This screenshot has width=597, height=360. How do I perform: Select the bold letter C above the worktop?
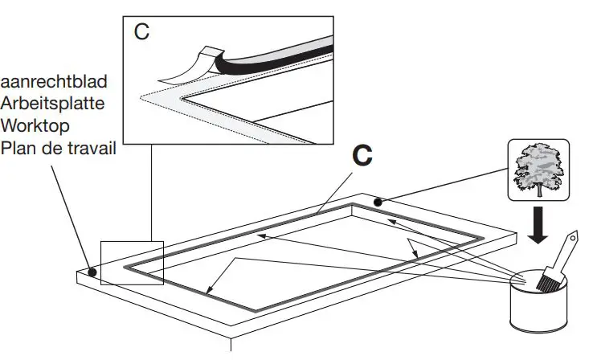click(363, 156)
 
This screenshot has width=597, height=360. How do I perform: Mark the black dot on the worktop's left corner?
click(93, 272)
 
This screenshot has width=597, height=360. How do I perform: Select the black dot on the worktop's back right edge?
click(378, 201)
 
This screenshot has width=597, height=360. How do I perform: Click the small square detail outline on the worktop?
click(132, 263)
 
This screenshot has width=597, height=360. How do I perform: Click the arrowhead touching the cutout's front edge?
click(207, 292)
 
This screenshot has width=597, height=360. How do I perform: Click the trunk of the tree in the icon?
click(538, 190)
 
